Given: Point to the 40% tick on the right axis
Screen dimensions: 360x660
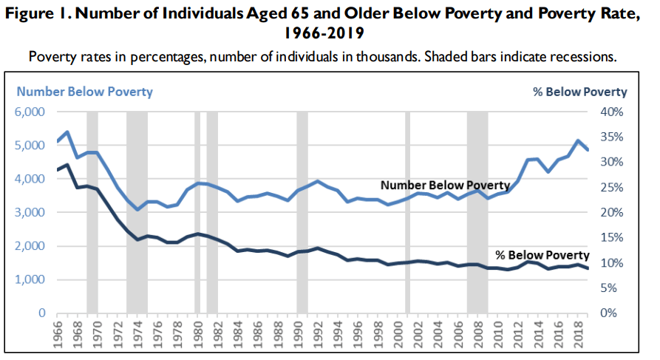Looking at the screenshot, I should click(x=612, y=112).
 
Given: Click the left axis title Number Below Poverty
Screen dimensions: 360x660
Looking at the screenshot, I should click(x=85, y=92).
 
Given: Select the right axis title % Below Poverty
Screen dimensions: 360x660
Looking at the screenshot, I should click(x=579, y=92).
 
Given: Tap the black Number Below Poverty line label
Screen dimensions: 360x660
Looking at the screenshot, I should click(x=445, y=185).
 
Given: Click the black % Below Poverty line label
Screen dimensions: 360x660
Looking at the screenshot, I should click(x=542, y=254).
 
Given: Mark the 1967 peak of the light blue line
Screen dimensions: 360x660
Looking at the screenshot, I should click(x=68, y=132).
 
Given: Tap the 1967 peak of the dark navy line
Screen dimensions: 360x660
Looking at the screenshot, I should click(x=68, y=165).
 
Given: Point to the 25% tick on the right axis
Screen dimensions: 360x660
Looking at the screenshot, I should click(x=612, y=187).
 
